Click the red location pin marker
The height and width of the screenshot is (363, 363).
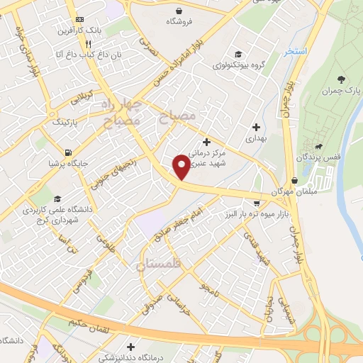[x=181, y=167]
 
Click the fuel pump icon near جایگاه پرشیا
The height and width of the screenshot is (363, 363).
[x=67, y=152]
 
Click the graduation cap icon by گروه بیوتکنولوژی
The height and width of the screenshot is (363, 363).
[x=239, y=54]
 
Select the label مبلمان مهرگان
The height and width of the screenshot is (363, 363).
[x=291, y=192]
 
